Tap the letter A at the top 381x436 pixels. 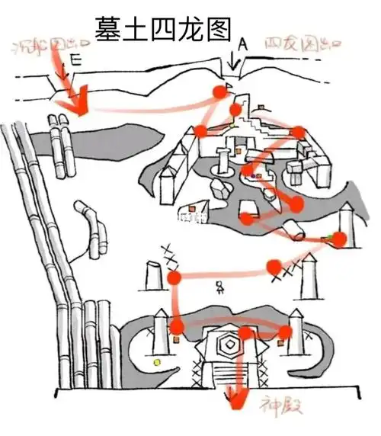242,45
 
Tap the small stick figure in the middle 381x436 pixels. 220,288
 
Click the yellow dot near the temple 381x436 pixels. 157,361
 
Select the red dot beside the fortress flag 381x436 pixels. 219,93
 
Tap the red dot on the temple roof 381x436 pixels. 245,333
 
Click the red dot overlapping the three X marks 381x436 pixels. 276,266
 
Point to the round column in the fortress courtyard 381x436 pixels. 223,160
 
